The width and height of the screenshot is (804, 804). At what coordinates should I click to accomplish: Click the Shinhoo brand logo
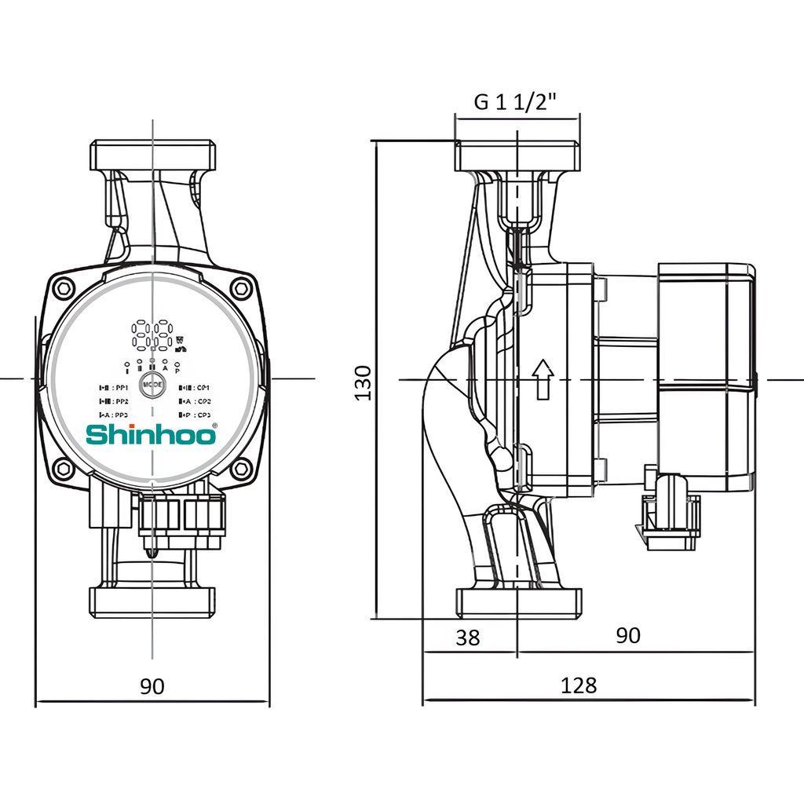pos(149,434)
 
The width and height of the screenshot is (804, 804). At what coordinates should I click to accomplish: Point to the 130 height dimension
pos(364,382)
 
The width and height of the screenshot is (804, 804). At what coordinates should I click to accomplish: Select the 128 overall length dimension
pos(579,685)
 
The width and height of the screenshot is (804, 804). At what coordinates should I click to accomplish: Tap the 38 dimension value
pos(467,638)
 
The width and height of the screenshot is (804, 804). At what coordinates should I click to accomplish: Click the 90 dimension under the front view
pos(152,686)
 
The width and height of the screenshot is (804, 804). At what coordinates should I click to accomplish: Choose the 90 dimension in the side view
pos(627,636)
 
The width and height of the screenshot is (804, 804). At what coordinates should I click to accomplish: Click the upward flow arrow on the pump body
pos(542,380)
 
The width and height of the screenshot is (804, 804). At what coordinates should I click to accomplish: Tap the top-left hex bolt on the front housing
pos(65,287)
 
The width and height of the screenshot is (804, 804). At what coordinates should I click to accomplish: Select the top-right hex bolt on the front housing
pos(240,287)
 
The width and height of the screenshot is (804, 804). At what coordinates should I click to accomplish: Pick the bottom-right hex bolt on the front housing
pos(241,469)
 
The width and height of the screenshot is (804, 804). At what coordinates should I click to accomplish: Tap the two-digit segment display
pos(152,335)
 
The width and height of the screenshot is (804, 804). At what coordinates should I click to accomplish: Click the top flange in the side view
pos(517,156)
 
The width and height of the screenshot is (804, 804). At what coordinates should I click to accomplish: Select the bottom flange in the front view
pos(152,601)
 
